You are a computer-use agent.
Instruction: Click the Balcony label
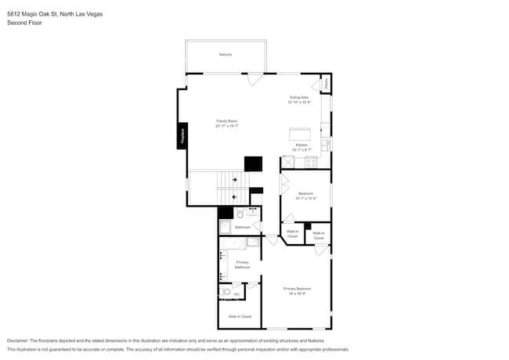[x=226, y=54]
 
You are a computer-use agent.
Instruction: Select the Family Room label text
[x=227, y=122]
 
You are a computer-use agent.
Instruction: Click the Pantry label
[x=327, y=81]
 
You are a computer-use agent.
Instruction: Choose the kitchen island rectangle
[x=301, y=133]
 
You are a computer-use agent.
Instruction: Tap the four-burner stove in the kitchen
[x=311, y=163]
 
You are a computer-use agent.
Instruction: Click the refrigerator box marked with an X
[x=288, y=162]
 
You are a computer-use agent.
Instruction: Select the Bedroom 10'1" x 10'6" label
[x=305, y=195]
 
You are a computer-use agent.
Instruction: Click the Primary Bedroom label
[x=296, y=290]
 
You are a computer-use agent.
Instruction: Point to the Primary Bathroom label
[x=243, y=265]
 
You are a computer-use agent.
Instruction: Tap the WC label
[x=236, y=294]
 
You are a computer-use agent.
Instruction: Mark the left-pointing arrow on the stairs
[x=234, y=196]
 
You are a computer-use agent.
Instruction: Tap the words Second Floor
[x=24, y=23]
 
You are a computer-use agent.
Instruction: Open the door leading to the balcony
[x=255, y=77]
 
